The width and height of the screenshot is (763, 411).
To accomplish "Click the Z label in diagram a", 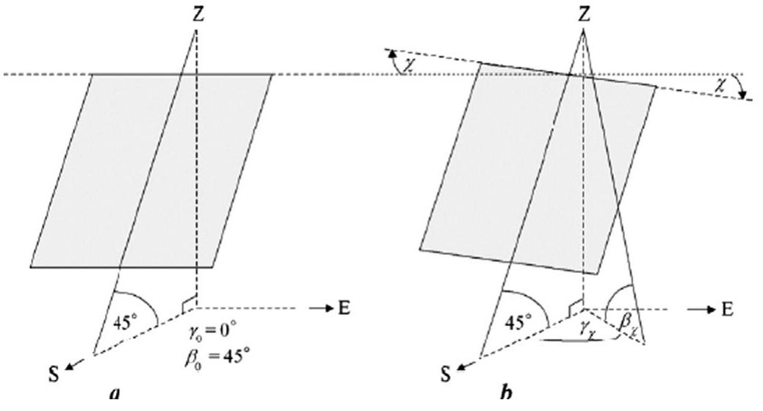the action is [x=196, y=14].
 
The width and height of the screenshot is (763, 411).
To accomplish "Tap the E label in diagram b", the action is [x=727, y=308].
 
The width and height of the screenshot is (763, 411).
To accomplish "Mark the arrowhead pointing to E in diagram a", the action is [x=328, y=308].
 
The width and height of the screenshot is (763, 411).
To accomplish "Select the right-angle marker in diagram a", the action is [x=190, y=302].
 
